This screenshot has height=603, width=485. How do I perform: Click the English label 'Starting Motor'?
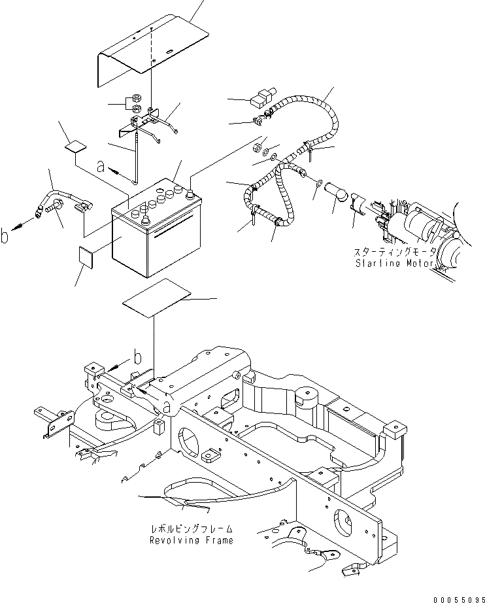394,264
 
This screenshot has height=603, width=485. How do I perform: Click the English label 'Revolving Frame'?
191,541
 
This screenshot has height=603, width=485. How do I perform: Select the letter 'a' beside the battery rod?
100,167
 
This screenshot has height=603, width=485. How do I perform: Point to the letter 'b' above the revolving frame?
137,357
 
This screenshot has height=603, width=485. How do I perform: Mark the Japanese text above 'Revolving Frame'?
191,528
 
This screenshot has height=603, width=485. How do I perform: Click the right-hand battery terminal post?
190,193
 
